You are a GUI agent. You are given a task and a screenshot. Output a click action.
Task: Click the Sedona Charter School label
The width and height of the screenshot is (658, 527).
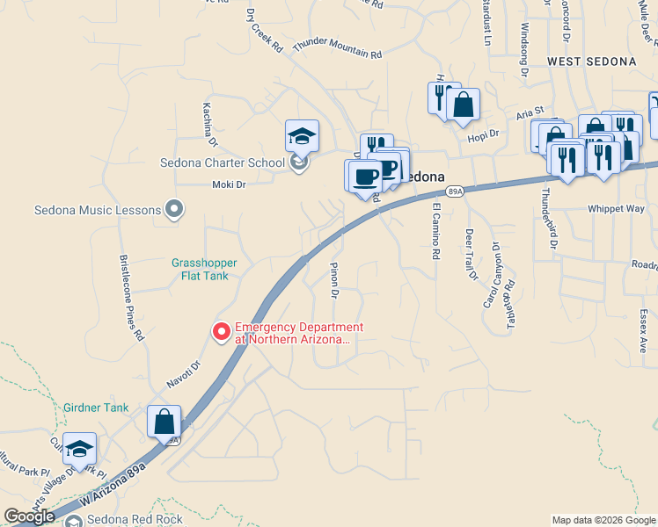pyautogui.click(x=223, y=162)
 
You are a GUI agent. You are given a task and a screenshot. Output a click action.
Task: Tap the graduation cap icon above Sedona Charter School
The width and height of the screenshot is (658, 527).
pyautogui.click(x=302, y=136)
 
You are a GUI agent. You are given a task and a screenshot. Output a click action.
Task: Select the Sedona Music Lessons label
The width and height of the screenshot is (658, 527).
pyautogui.click(x=98, y=210)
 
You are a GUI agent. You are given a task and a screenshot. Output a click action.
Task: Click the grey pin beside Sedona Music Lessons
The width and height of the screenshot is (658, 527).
pyautogui.click(x=174, y=210)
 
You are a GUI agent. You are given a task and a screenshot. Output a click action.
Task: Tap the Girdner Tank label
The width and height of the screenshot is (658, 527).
pyautogui.click(x=96, y=408)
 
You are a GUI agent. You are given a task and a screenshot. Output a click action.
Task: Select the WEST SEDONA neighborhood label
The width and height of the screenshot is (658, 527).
pyautogui.click(x=591, y=61)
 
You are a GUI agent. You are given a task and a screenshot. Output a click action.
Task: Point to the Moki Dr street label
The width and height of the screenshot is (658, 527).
pyautogui.click(x=228, y=184)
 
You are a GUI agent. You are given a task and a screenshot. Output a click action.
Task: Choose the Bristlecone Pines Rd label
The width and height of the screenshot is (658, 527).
pyautogui.click(x=131, y=298)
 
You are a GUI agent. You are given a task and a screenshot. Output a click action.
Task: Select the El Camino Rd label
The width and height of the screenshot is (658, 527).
pyautogui.click(x=435, y=231)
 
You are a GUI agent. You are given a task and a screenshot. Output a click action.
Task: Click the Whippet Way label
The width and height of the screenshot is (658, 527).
pyautogui.click(x=617, y=209)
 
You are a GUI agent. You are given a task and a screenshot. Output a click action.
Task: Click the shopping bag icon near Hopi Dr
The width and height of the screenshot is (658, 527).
pyautogui.click(x=463, y=105)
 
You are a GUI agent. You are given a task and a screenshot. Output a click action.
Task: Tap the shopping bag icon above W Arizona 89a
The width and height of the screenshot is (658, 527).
pyautogui.click(x=164, y=422)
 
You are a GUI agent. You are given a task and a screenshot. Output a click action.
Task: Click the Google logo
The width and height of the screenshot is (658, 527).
pyautogui.click(x=30, y=516)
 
